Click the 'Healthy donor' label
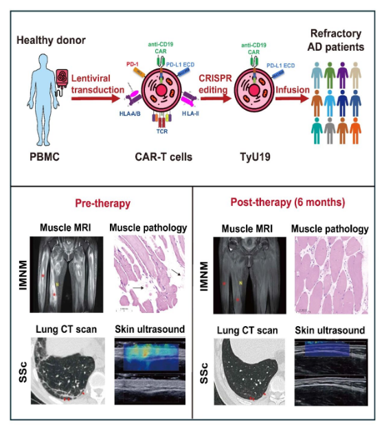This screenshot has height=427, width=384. click(x=51, y=41)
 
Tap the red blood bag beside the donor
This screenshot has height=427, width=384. click(x=62, y=78)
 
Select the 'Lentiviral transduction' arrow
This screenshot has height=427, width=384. click(x=95, y=98)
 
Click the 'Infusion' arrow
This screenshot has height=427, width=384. click(x=292, y=98)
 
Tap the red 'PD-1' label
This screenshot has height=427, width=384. click(x=132, y=65)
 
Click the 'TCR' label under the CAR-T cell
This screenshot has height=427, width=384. click(x=162, y=131)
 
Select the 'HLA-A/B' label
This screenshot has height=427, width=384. click(x=130, y=113)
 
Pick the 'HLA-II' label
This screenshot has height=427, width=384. click(x=190, y=113)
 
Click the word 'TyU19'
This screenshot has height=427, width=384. click(x=255, y=157)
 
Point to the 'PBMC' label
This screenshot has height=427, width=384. click(x=45, y=157)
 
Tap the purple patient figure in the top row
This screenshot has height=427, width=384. click(x=342, y=75)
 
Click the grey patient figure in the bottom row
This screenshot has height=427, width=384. click(x=330, y=130)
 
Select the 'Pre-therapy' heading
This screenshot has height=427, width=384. click(x=103, y=203)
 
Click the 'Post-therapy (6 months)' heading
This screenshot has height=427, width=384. click(x=288, y=203)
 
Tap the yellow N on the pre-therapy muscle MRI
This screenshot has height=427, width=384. click(x=57, y=285)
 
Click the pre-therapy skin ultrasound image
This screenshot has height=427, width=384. click(x=150, y=371)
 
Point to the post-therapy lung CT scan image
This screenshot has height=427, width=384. click(x=249, y=371)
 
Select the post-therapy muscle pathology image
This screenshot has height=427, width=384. click(x=331, y=275)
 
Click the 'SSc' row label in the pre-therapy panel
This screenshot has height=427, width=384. click(x=23, y=372)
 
